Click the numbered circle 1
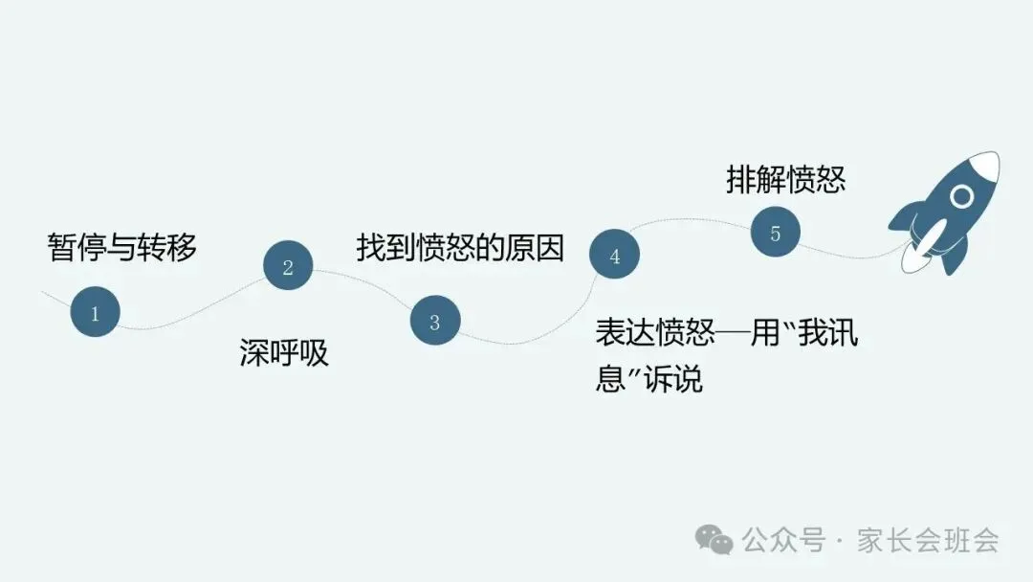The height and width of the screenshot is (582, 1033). [x=95, y=313]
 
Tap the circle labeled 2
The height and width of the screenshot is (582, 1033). [x=288, y=267]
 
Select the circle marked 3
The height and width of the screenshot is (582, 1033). [x=435, y=322]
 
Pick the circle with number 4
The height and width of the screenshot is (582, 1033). [x=614, y=256]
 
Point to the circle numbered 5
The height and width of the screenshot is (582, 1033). [x=775, y=233]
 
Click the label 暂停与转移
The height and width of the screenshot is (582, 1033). [x=122, y=247]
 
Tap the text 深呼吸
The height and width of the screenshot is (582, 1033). [x=284, y=353]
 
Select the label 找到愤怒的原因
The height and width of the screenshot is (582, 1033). [x=460, y=247]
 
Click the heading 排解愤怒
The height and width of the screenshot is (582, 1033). [x=785, y=180]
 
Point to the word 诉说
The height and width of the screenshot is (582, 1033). [x=673, y=379]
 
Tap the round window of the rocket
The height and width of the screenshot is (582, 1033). [x=962, y=196]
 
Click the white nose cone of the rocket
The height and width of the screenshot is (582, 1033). [x=985, y=167]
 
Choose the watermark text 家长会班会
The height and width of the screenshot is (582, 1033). [x=928, y=541]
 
